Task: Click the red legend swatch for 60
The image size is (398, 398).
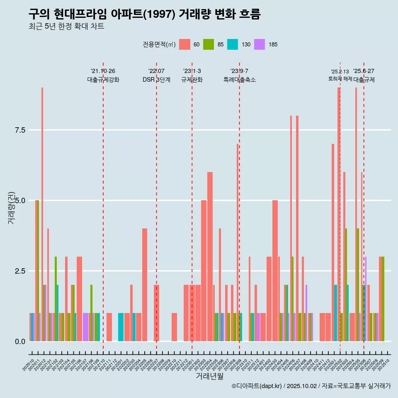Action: click(x=184, y=44)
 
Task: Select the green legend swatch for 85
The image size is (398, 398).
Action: click(x=209, y=44)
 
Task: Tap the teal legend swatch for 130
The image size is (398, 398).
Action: click(x=233, y=44)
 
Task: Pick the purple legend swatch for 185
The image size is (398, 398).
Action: click(x=260, y=44)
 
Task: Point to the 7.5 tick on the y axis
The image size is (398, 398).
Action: click(x=20, y=130)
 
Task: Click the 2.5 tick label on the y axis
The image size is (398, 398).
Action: click(x=20, y=271)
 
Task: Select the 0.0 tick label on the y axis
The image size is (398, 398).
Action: click(x=20, y=342)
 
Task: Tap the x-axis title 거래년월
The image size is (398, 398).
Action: click(x=209, y=376)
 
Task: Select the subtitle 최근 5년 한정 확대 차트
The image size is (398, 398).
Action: click(x=66, y=27)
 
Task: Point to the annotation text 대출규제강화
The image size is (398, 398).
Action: click(x=103, y=80)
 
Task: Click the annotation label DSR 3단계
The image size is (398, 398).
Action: click(x=156, y=80)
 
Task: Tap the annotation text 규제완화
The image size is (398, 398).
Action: click(x=192, y=80)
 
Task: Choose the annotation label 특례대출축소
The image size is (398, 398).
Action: click(x=240, y=80)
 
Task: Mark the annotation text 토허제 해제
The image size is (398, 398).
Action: click(x=340, y=79)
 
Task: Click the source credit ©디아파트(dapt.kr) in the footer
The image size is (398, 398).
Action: click(x=257, y=386)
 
